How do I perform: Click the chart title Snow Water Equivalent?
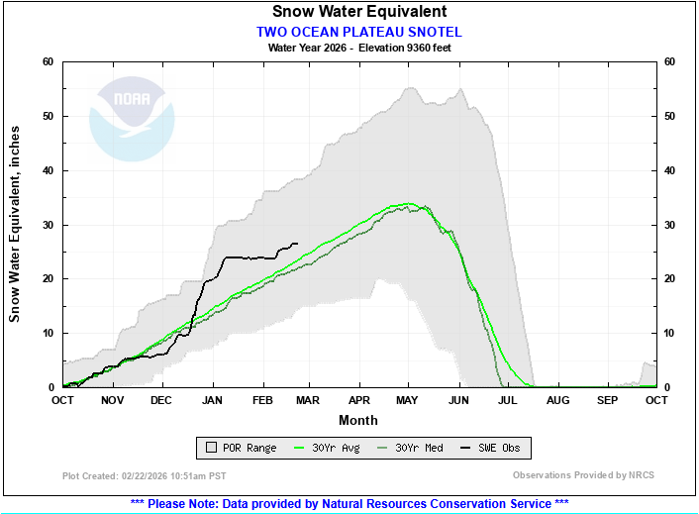[358, 12]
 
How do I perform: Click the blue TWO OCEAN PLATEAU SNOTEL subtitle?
[358, 32]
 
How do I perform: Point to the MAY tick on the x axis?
[408, 399]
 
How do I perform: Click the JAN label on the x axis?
[212, 399]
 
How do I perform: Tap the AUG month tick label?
[557, 399]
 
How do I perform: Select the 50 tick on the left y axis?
[47, 116]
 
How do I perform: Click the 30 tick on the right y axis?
[670, 225]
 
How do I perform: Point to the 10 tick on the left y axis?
[47, 333]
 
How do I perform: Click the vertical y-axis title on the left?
[15, 225]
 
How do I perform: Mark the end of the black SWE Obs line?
[298, 244]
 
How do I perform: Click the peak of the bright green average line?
[408, 204]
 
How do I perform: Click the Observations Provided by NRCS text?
[583, 475]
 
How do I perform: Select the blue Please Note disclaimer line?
[349, 503]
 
